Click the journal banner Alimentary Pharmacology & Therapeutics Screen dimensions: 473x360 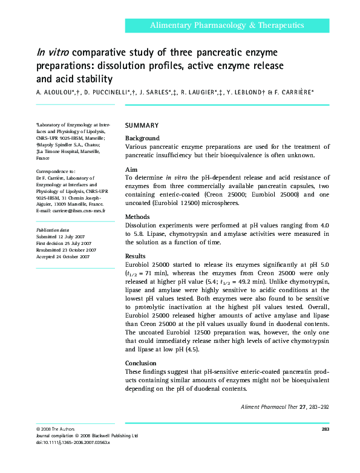[227, 25]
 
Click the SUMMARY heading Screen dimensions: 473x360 [142, 126]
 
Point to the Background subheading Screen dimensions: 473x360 [142, 139]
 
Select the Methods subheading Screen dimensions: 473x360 [139, 217]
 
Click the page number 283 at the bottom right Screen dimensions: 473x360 [324, 429]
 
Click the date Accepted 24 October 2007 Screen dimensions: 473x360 [63, 256]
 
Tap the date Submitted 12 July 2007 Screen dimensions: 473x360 [61, 237]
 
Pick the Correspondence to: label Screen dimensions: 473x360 [56, 172]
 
